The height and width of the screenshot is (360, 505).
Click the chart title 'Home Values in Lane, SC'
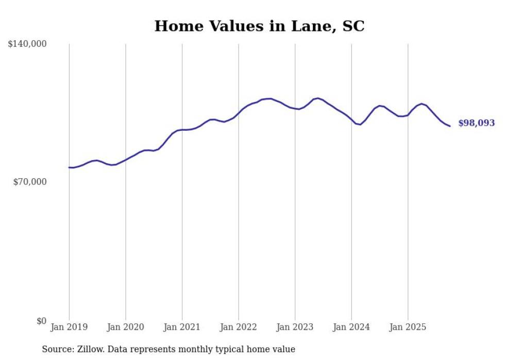click(259, 26)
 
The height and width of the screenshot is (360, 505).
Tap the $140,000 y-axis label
click(27, 44)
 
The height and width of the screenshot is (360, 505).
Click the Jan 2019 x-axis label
click(69, 327)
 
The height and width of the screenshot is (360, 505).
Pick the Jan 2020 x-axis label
click(126, 327)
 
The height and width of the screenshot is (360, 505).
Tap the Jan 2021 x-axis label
click(182, 327)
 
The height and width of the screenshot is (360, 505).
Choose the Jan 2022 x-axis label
click(239, 327)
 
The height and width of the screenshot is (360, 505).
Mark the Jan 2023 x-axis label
click(295, 327)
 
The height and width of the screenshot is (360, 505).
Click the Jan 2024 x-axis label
click(351, 327)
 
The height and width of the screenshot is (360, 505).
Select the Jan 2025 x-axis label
click(408, 327)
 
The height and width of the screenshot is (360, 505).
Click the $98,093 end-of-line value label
click(476, 123)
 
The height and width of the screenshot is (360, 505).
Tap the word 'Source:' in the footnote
click(58, 349)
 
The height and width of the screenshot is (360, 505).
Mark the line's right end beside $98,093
click(450, 126)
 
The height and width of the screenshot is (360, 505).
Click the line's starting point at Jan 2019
click(69, 167)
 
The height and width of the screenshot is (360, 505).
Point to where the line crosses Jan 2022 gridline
click(239, 112)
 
